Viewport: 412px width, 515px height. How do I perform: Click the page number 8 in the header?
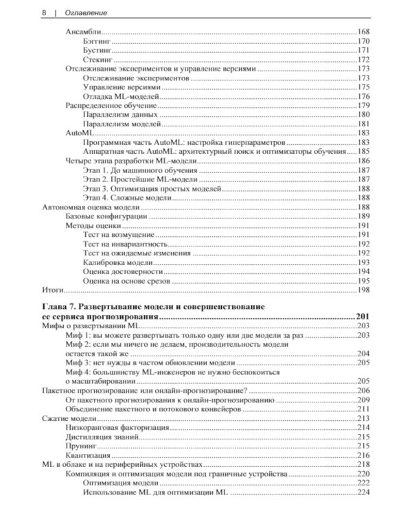tap(25, 12)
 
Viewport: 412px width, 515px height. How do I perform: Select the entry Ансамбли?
tap(83, 32)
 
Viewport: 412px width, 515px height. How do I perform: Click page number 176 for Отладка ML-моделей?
tap(363, 97)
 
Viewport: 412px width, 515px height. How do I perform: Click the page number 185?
tap(363, 151)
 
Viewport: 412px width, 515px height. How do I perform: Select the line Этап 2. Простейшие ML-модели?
tap(130, 179)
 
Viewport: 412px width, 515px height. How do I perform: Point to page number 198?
tap(363, 290)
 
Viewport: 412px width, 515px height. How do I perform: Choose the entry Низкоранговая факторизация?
tap(117, 427)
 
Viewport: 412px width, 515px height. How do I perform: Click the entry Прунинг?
tap(81, 446)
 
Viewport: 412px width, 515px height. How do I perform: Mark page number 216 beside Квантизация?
tap(363, 455)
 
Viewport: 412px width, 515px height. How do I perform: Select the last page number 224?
tap(363, 492)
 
